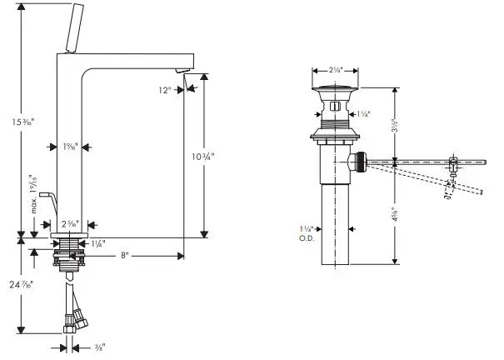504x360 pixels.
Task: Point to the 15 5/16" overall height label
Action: (x=12, y=124)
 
